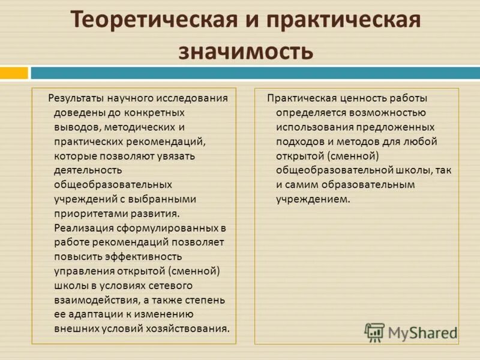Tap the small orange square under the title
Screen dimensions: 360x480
14,73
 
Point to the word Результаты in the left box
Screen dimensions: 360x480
75,98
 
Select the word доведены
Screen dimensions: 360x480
75,112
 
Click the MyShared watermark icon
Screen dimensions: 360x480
374,331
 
